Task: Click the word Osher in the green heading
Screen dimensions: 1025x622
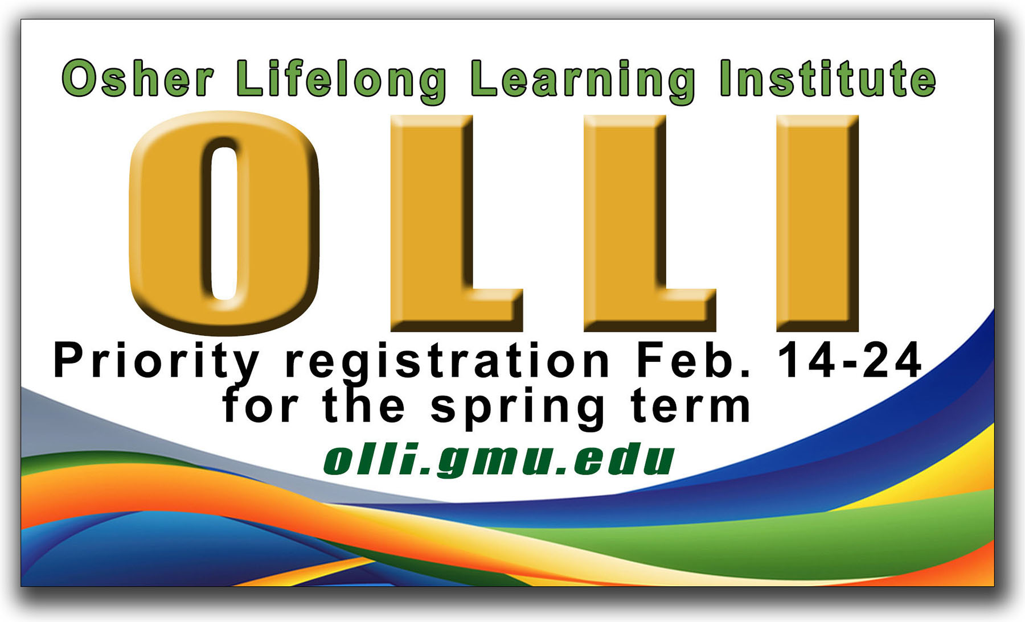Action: click(138, 78)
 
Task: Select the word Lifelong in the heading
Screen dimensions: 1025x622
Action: click(342, 81)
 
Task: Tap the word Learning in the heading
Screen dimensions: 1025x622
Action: click(583, 81)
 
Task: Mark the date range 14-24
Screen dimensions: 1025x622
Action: click(850, 360)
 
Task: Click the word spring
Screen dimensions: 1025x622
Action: click(518, 408)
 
